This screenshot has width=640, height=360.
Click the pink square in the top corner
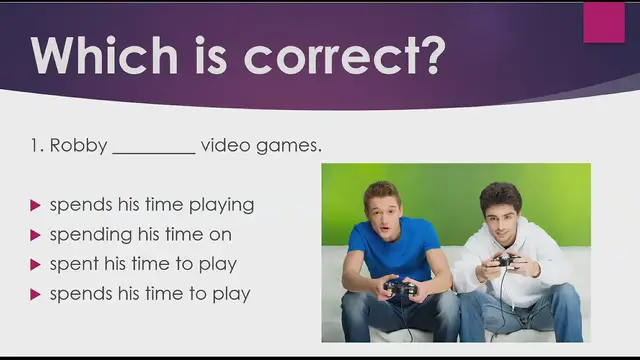coord(603,22)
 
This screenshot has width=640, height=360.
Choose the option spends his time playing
coord(152,205)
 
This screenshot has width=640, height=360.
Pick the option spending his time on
coord(140,234)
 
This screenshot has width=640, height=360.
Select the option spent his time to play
coord(143,264)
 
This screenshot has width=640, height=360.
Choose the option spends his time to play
coord(149,294)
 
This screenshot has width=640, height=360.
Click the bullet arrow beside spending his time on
coord(36,235)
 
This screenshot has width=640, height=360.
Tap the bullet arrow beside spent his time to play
coord(36,265)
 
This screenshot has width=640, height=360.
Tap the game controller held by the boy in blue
coord(401,288)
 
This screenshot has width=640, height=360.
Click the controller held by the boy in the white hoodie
coord(505,262)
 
